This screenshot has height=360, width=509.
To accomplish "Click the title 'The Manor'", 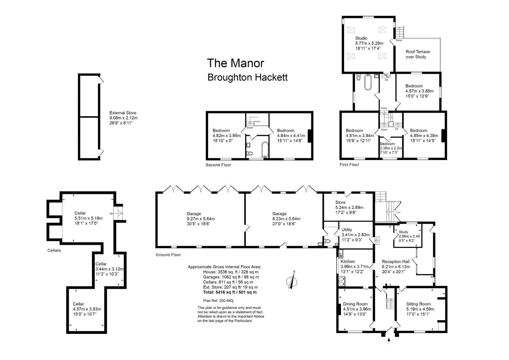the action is point(235,63).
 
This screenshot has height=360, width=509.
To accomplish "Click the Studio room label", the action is point(361,38).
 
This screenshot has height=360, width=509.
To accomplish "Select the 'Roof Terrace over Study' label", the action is point(418,54).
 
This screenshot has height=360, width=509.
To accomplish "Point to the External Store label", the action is point(123,113).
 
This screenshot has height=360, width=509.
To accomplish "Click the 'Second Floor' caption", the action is point(219,165).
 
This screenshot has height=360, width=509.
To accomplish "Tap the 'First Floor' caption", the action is point(349,165).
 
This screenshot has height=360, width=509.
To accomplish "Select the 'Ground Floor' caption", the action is point(168,255).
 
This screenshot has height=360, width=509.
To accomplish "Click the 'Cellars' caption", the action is point(54,250).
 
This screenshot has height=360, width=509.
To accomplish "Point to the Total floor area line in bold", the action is point(230,292).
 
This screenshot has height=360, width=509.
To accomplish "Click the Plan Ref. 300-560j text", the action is point(218,301).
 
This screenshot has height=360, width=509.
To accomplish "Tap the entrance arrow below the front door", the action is point(389,341).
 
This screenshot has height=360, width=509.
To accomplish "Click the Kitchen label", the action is point(348,262).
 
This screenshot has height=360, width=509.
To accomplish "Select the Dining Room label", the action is point(355,304).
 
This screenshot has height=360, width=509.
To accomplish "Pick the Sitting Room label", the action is point(418,304).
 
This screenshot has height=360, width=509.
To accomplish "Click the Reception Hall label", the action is point(396,262).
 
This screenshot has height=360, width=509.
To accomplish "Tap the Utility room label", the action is point(347,230).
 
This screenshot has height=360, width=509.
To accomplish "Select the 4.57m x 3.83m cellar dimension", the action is point(87,309).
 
